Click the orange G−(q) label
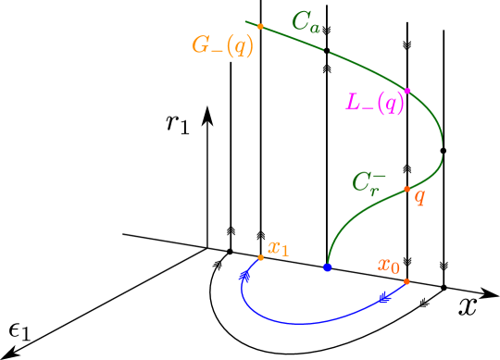point(222,45)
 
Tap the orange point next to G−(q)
point(260,26)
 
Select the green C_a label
point(306,22)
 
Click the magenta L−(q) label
point(375,102)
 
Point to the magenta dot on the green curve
point(407,91)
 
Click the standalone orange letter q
point(419,196)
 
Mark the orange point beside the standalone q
point(406,189)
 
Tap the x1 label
point(279,247)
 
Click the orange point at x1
point(261,257)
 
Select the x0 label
point(389,266)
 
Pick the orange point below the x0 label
point(406,280)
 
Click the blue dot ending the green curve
point(328,267)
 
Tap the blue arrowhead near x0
point(385,296)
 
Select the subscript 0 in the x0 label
point(395,269)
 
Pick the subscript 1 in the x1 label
point(284,251)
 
